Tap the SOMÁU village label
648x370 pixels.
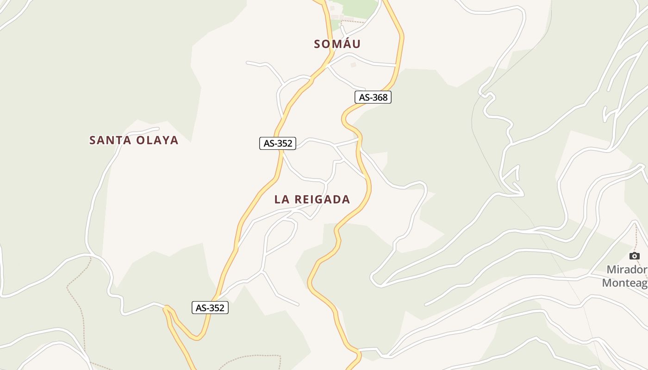click(x=337, y=44)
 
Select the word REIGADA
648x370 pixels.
click(x=322, y=199)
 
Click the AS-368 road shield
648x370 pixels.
click(x=373, y=97)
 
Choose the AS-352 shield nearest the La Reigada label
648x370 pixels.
click(x=278, y=143)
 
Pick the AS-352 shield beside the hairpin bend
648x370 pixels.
click(x=210, y=308)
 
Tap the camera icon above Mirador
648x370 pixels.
click(x=635, y=256)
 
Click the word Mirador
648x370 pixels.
click(x=626, y=270)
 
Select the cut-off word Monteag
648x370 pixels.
click(x=624, y=283)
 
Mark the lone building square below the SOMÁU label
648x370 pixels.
click(x=354, y=65)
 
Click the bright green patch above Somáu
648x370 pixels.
click(x=361, y=7)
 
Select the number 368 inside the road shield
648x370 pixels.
click(x=380, y=97)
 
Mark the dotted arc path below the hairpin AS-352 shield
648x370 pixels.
click(x=250, y=357)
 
